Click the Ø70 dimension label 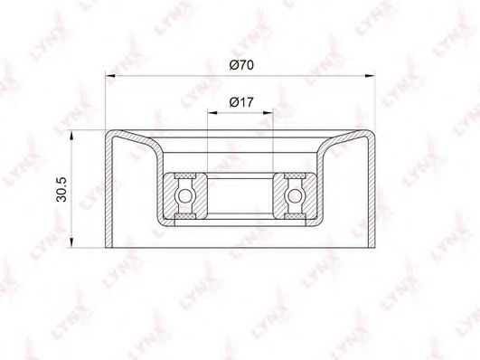click(241, 65)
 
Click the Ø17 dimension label click(241, 102)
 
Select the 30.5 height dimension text click(61, 190)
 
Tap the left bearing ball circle click(184, 195)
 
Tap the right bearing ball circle click(295, 195)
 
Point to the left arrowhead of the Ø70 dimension click(110, 75)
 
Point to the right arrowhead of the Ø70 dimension click(370, 75)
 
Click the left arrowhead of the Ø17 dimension click(212, 113)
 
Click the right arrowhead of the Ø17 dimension click(268, 113)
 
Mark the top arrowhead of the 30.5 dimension click(71, 136)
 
